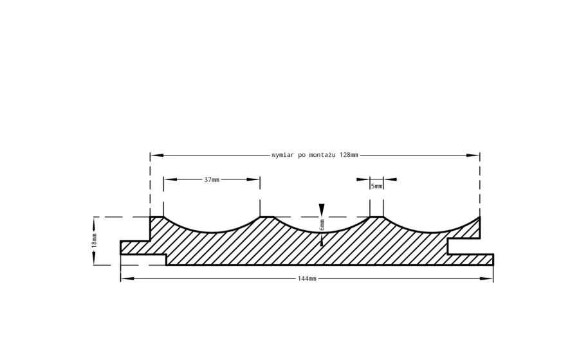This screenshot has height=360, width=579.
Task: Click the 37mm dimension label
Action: (212, 179)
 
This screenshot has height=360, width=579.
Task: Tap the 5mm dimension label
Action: (376, 186)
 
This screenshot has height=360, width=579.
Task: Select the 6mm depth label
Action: (322, 224)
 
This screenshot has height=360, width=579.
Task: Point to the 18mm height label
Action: (94, 240)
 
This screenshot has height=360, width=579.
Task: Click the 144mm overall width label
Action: (307, 278)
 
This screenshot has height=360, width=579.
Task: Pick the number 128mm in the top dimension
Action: (349, 155)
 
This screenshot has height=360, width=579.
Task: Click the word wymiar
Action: (283, 155)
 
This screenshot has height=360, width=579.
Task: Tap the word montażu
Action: (322, 155)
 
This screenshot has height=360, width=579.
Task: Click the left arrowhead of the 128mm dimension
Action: (157, 156)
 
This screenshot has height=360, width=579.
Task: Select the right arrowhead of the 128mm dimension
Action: (473, 156)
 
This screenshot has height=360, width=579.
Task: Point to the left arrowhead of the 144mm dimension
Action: (127, 278)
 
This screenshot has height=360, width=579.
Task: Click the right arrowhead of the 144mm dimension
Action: (486, 278)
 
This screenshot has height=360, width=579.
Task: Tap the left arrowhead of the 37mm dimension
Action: (170, 179)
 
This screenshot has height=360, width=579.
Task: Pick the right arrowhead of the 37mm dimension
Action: (253, 179)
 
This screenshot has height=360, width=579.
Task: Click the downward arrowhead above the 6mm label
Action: (322, 210)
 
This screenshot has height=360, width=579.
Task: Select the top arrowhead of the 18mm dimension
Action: (94, 223)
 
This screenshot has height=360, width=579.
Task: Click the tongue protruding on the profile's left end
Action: (135, 248)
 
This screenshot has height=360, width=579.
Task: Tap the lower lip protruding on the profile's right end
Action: (470, 259)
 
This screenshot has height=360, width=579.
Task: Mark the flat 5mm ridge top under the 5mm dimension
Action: (376, 217)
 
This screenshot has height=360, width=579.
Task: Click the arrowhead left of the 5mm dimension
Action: (363, 179)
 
